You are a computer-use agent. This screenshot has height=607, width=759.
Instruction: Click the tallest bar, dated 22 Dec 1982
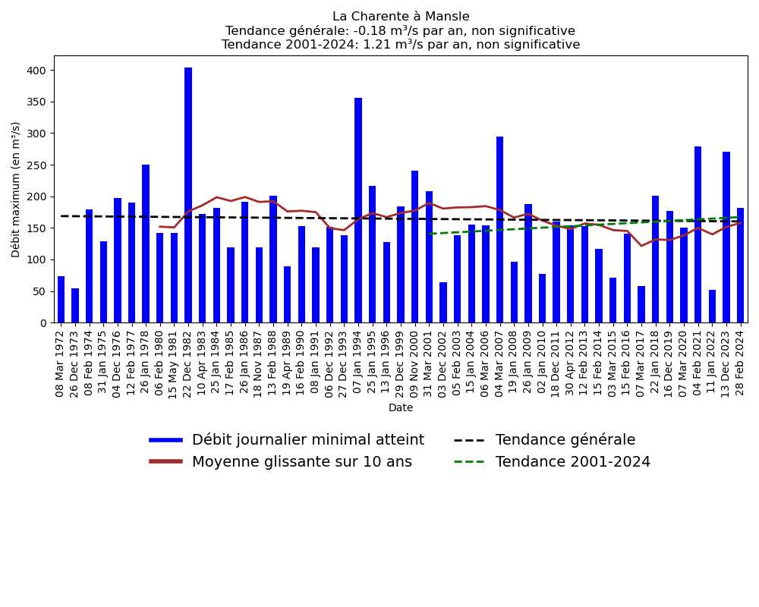tap(188, 195)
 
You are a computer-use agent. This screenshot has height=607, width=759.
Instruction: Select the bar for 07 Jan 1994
tap(358, 210)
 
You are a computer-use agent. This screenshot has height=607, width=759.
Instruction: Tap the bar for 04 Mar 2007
tap(499, 229)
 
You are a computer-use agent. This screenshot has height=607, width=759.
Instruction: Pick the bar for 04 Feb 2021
tap(698, 234)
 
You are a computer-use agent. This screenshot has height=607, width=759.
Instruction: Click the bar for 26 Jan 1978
tap(146, 244)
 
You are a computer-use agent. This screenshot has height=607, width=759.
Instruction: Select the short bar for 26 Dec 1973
tap(75, 306)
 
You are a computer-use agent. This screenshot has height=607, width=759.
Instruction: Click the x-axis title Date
tap(401, 408)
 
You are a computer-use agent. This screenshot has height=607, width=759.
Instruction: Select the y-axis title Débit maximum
tap(17, 189)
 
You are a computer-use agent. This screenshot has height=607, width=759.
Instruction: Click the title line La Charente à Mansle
tap(401, 17)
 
